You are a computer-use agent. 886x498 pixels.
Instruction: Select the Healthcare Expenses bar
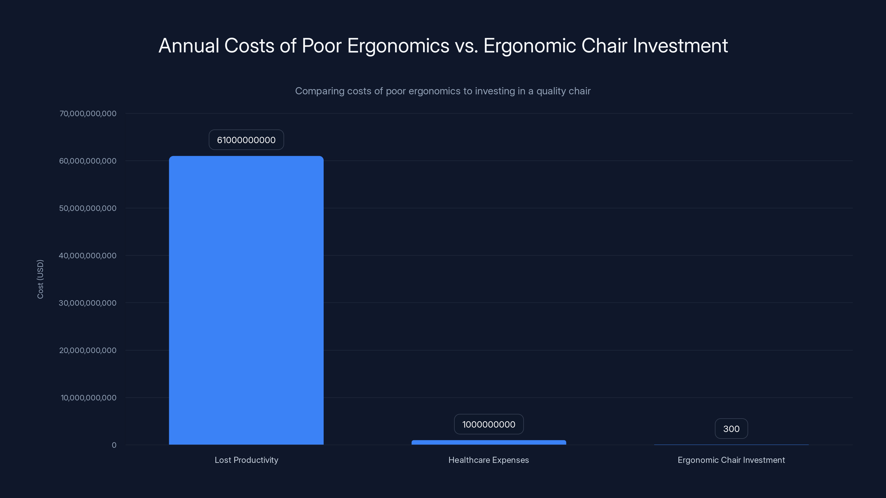coord(488,442)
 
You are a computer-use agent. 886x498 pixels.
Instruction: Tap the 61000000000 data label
coord(246,140)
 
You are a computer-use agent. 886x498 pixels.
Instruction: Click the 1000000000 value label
coord(488,424)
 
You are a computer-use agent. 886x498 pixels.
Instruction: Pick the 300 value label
coord(731,429)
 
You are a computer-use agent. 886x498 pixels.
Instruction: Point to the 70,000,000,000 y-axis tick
coord(88,113)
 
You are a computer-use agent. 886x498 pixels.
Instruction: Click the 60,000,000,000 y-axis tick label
coord(88,161)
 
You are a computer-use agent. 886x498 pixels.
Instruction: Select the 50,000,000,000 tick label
coord(88,208)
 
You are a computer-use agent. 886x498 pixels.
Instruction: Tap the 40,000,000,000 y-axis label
coord(88,256)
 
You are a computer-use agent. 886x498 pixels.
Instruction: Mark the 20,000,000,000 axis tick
coord(88,350)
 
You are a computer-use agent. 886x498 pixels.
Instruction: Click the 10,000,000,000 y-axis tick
coord(88,398)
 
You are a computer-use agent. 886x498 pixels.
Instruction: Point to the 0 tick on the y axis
coord(114,445)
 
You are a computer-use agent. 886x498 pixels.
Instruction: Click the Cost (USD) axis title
coord(40,279)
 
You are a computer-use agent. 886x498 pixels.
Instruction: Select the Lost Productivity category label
coord(246,460)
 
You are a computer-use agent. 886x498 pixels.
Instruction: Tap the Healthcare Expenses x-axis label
coord(488,460)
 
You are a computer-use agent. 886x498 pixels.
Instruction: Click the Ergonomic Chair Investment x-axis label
coord(731,460)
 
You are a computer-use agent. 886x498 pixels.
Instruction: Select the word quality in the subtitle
coord(548,91)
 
